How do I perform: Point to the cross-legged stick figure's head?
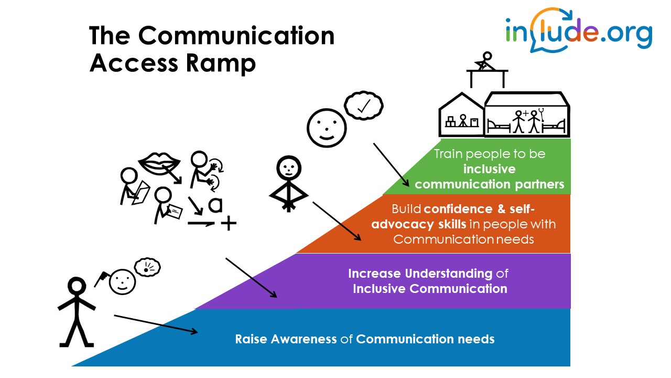pyautogui.click(x=287, y=167)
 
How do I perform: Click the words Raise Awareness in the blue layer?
pyautogui.click(x=286, y=339)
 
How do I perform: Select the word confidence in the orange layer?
pyautogui.click(x=458, y=209)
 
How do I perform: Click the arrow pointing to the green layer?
pyautogui.click(x=391, y=164)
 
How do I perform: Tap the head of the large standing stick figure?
pyautogui.click(x=77, y=287)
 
